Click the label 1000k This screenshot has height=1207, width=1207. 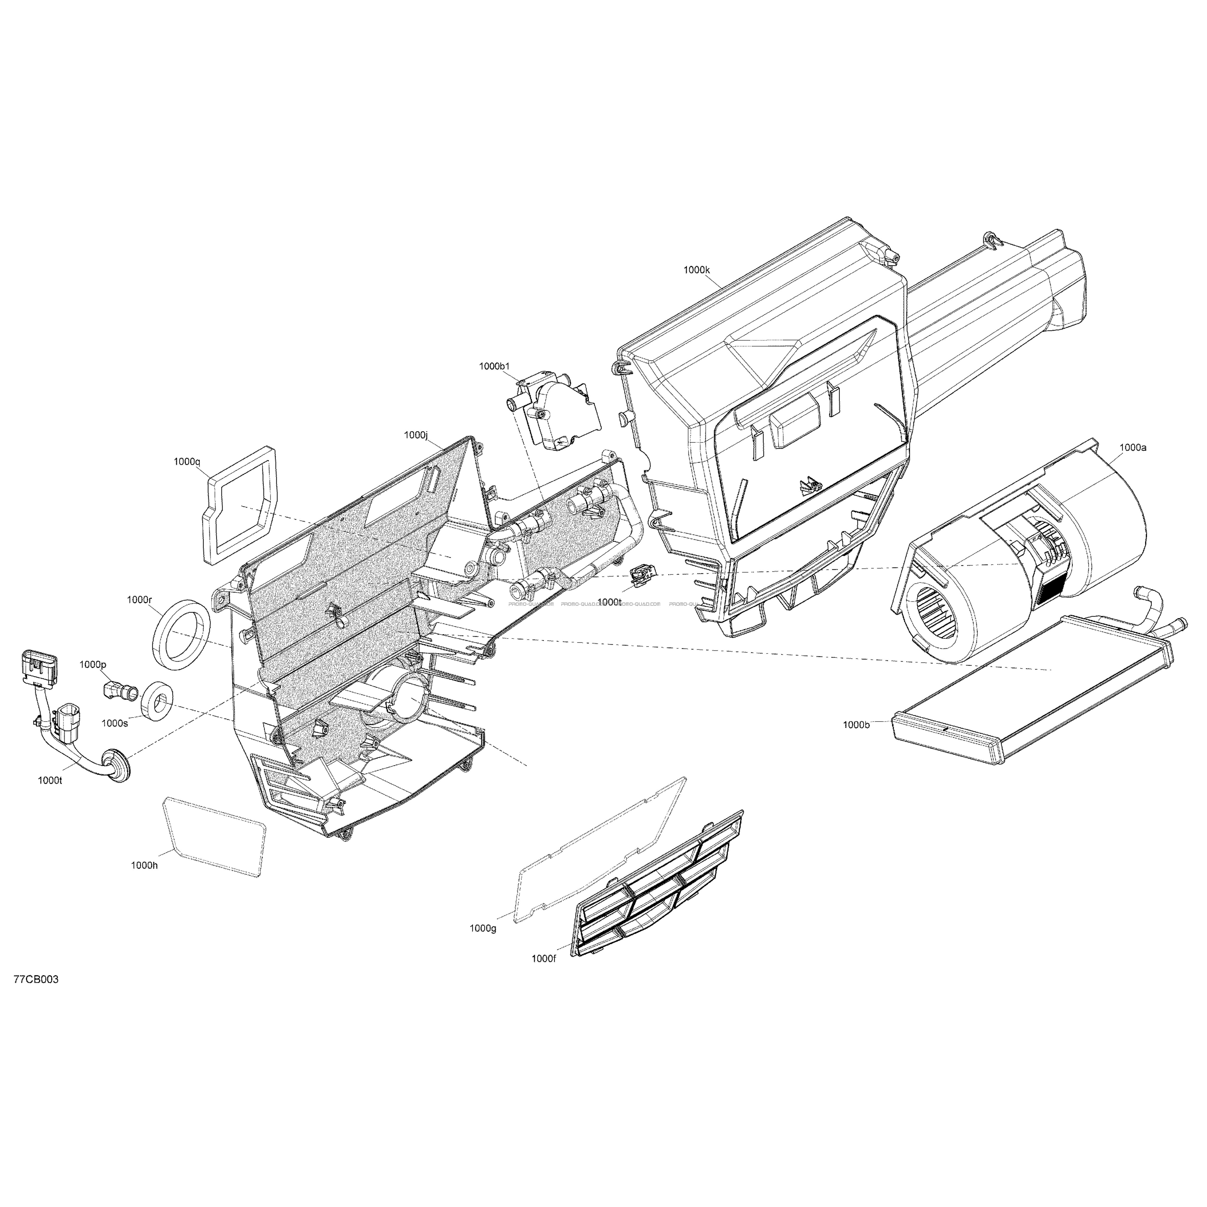(697, 271)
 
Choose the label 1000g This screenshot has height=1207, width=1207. (483, 946)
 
